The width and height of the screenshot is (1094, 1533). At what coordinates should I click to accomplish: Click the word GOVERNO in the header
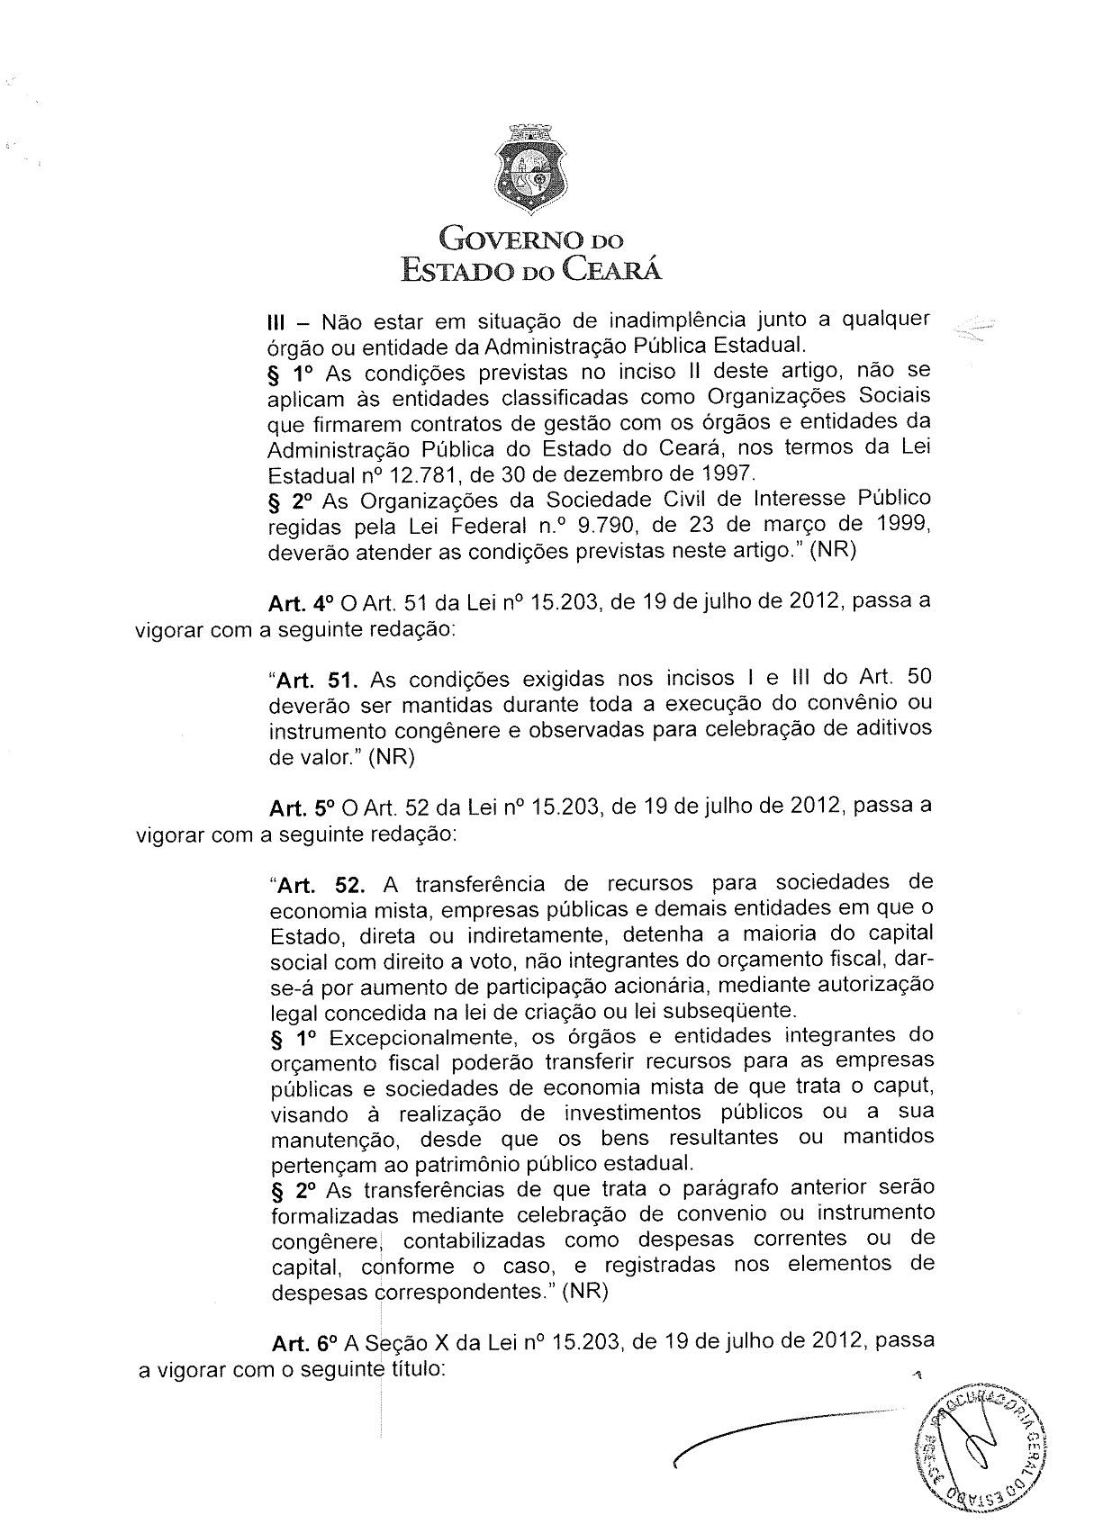502,240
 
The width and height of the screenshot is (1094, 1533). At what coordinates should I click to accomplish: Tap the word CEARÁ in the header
612,269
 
